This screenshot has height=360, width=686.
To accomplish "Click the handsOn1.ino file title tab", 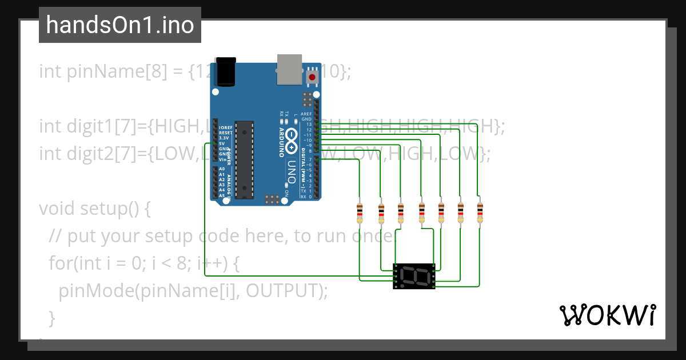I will point(120,25).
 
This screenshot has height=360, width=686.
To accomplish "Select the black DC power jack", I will point(225,71).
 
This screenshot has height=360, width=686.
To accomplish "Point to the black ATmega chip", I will point(245,159).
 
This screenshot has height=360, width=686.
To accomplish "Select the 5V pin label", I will point(223,143).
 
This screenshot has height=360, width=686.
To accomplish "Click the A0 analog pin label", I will point(222,169).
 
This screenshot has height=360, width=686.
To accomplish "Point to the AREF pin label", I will point(306,114).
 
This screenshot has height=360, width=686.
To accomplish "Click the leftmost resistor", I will point(360,213).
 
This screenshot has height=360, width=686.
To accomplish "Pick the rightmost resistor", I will point(480,213).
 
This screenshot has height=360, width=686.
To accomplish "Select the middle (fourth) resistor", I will point(422,213).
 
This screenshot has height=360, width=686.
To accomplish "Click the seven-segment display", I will point(414,276).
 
